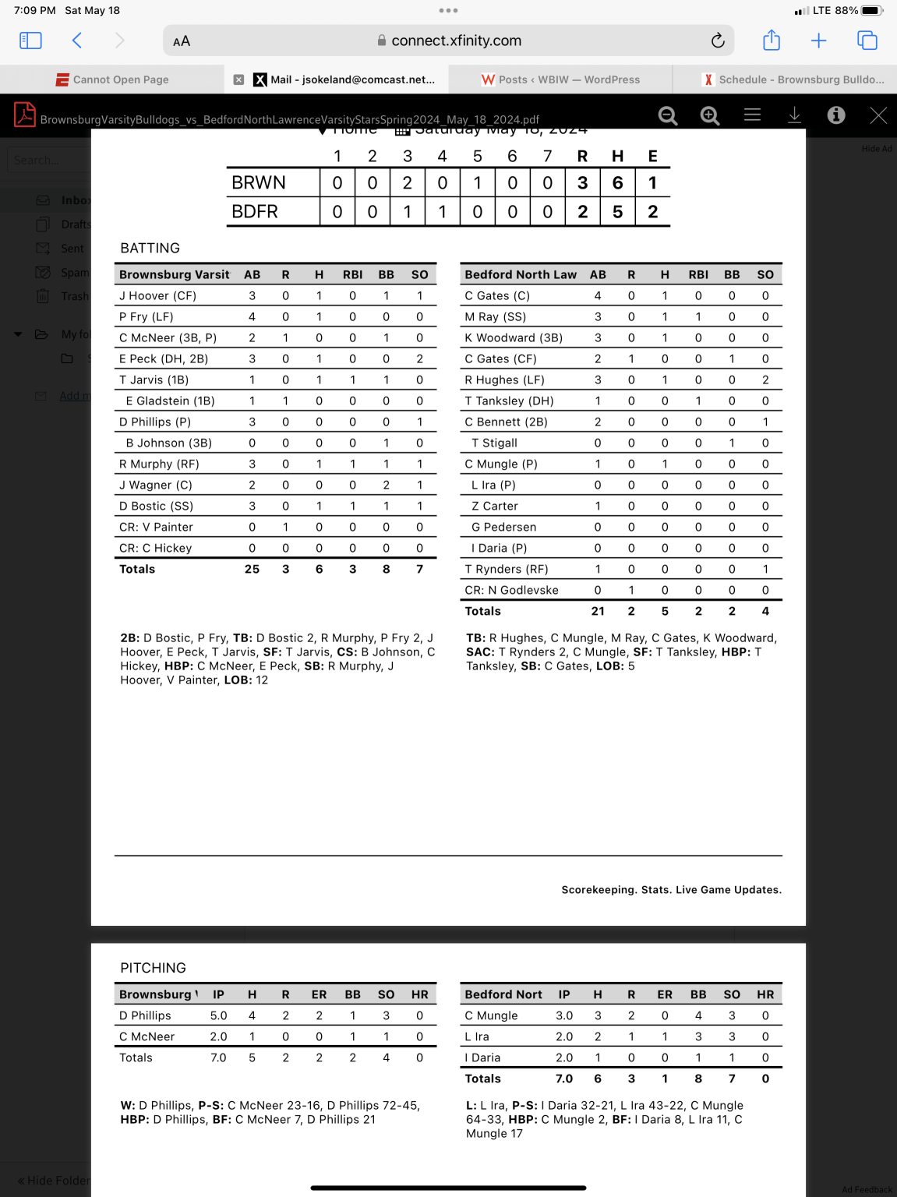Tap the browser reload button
(x=718, y=41)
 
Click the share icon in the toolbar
(x=772, y=41)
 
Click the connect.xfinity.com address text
(x=456, y=41)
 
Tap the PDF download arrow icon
(x=794, y=115)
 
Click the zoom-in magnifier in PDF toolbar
(x=709, y=115)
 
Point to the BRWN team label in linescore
(x=259, y=183)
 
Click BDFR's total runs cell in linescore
(x=582, y=212)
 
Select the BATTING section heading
(x=150, y=248)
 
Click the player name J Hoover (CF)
(x=157, y=296)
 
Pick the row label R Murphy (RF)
(x=159, y=464)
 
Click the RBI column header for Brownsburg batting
(x=352, y=275)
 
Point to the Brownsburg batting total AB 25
(x=252, y=570)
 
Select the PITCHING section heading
(x=153, y=968)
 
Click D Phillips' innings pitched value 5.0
(x=218, y=1016)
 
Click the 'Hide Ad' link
(x=877, y=149)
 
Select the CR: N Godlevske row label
(x=511, y=591)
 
